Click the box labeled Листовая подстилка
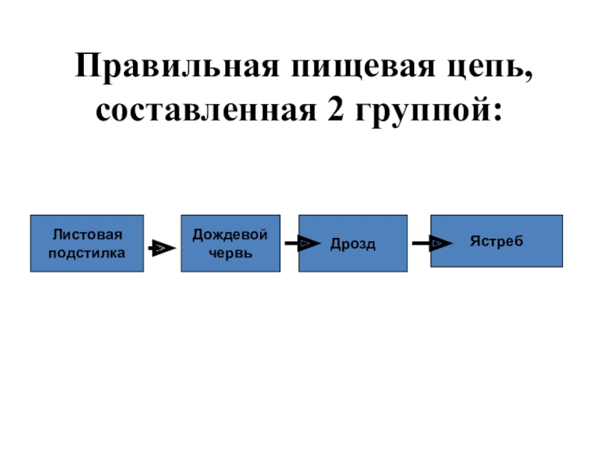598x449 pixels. point(87,243)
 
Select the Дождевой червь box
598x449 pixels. point(230,243)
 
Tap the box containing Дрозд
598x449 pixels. point(354,243)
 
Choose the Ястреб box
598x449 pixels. point(496,241)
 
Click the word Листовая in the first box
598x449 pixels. point(87,235)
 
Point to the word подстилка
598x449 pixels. point(87,252)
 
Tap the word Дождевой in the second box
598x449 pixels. point(230,235)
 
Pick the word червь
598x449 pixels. point(230,252)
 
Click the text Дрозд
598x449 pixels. point(354,245)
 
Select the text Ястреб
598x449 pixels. point(496,241)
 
